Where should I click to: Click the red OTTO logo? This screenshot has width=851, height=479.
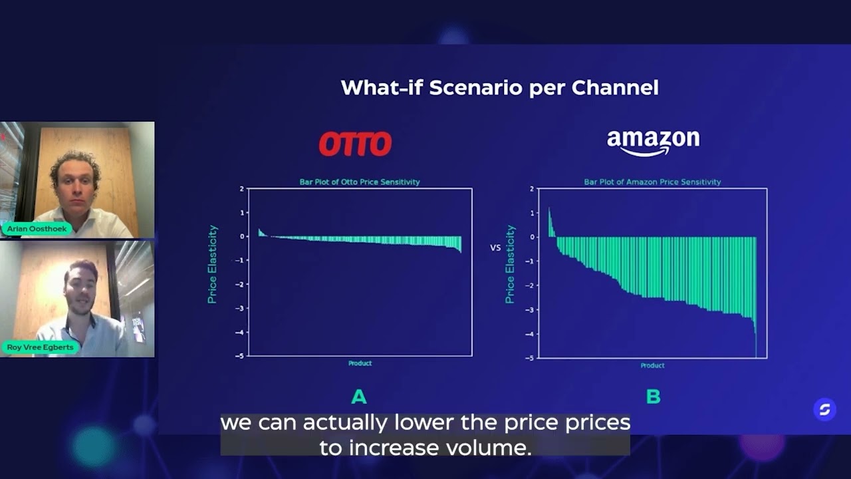pyautogui.click(x=355, y=144)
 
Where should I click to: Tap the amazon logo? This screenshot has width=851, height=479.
pyautogui.click(x=653, y=142)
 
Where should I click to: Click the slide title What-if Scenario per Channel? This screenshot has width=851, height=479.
pyautogui.click(x=499, y=88)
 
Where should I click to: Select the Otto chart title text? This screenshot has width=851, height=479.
pyautogui.click(x=360, y=182)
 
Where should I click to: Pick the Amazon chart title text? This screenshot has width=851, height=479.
pyautogui.click(x=652, y=182)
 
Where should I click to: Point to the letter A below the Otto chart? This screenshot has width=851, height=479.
pyautogui.click(x=359, y=397)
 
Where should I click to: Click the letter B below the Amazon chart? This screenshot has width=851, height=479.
pyautogui.click(x=653, y=397)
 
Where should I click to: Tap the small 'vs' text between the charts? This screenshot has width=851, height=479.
pyautogui.click(x=495, y=247)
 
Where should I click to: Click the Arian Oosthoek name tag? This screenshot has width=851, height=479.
pyautogui.click(x=37, y=229)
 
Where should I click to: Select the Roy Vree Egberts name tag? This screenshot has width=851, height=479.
pyautogui.click(x=40, y=347)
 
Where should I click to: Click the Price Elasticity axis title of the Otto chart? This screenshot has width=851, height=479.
pyautogui.click(x=213, y=264)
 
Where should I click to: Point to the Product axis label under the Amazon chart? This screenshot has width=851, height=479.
pyautogui.click(x=652, y=365)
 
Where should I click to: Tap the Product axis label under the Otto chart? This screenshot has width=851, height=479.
pyautogui.click(x=360, y=363)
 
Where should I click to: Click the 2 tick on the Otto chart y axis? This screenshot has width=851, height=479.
pyautogui.click(x=242, y=189)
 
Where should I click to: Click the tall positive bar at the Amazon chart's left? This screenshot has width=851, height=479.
pyautogui.click(x=550, y=223)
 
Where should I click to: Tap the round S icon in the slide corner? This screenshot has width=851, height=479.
pyautogui.click(x=824, y=410)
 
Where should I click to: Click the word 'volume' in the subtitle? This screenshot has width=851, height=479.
pyautogui.click(x=491, y=448)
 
